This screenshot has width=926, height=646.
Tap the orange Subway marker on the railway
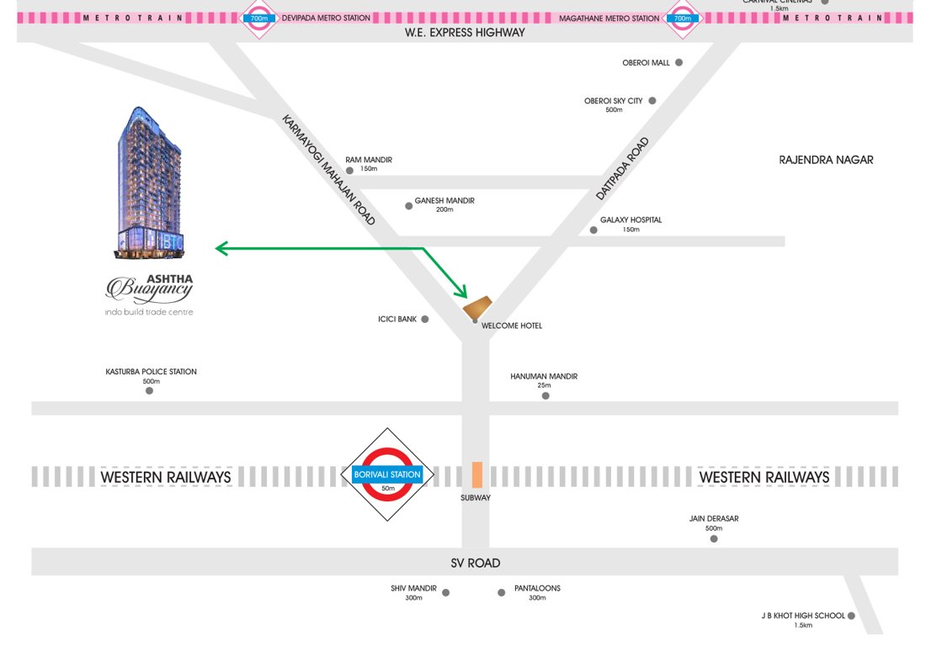476,474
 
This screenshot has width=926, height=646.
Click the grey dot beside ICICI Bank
425,320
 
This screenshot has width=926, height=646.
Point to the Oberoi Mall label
646,63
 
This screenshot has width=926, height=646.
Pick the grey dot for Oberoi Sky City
652,101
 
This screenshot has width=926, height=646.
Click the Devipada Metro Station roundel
258,18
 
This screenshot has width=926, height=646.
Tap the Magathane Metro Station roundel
682,18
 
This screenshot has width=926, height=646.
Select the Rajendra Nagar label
826,160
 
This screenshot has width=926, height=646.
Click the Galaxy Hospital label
631,220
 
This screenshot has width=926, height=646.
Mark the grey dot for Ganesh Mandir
409,205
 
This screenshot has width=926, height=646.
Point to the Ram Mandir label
369,160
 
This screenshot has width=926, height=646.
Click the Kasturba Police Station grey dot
150,390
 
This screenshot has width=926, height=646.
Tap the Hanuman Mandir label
544,377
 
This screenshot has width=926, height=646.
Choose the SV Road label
475,564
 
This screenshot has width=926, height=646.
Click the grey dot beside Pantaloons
502,593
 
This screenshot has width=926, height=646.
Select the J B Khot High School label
802,616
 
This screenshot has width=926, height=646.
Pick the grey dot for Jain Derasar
714,538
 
